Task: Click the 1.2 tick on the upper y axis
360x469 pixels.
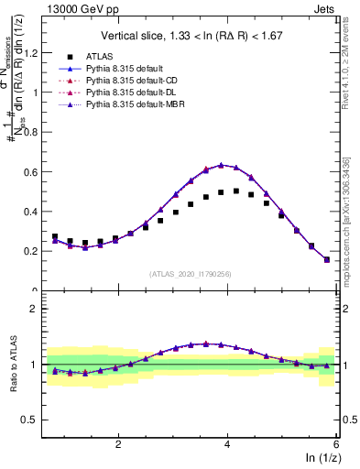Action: pos(37,52)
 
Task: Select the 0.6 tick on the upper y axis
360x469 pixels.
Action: pos(37,171)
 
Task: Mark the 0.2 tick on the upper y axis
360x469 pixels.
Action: pos(37,251)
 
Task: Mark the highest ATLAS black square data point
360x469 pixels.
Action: pos(236,191)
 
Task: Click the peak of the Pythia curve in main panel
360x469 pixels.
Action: pos(221,165)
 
